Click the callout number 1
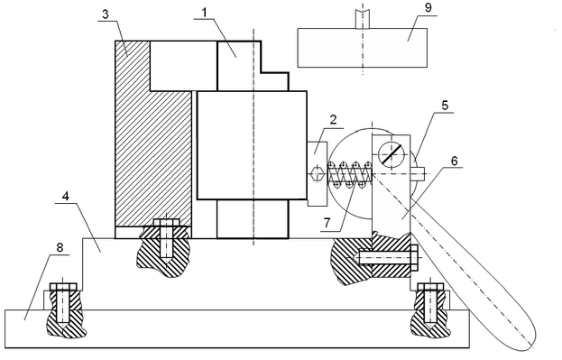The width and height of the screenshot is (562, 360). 204,14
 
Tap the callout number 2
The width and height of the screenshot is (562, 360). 334,119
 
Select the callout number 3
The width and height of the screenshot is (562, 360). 105,14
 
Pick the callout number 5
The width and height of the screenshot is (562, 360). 445,106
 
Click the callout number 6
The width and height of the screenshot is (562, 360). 454,161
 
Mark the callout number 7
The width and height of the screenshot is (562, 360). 327,223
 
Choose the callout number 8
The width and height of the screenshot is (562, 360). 60,247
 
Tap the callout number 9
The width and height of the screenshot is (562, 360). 428,8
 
